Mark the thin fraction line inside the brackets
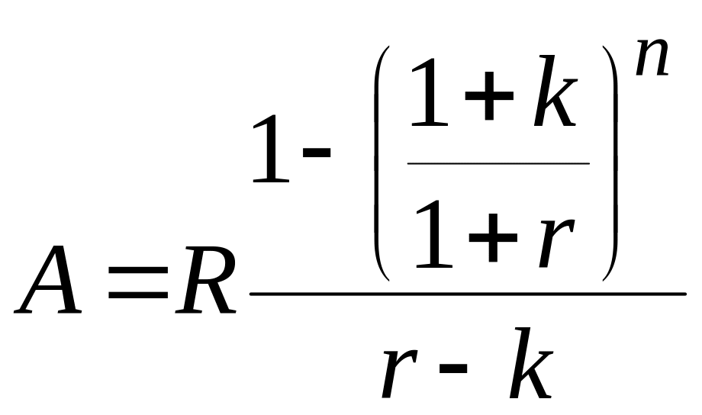coord(498,162)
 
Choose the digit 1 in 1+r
coord(434,233)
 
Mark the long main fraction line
coord(467,294)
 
